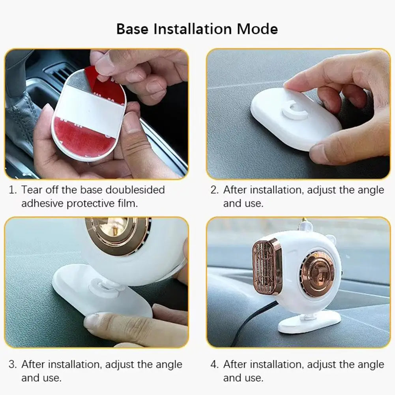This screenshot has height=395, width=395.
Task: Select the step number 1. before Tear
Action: pos(13,190)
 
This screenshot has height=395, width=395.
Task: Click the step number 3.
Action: pos(13,364)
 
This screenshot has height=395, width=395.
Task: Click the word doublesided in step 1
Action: pos(134,190)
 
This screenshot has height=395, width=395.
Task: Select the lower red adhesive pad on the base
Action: pos(85,137)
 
